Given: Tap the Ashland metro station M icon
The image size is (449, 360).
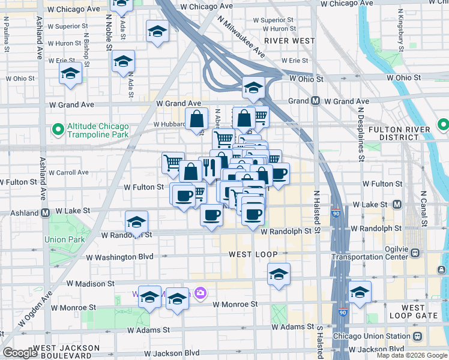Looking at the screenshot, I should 46,212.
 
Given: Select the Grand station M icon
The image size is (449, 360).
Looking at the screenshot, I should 315,101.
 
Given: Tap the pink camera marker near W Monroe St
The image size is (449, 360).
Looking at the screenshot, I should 200,293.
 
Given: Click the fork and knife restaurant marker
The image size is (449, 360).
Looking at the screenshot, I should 209,168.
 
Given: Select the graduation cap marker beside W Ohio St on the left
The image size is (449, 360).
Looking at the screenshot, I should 70,73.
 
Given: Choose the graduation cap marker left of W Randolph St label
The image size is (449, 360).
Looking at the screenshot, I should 136,223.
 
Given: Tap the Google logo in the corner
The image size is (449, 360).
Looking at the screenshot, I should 20,353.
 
